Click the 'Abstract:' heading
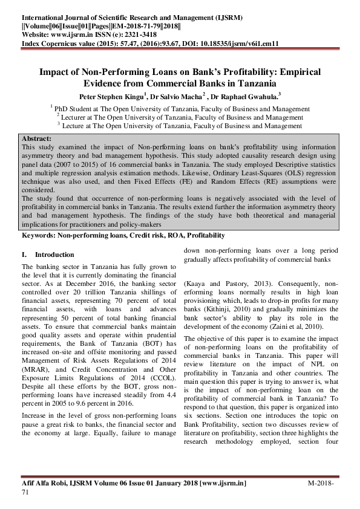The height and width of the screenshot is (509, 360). click(36, 138)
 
